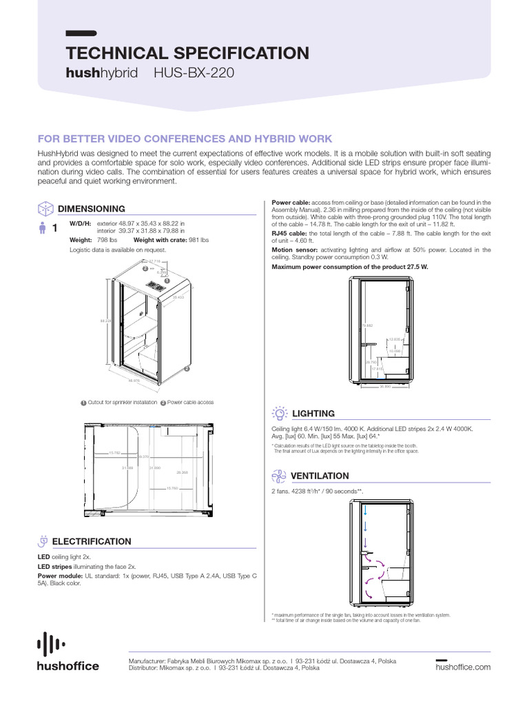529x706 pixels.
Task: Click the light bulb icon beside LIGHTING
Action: pyautogui.click(x=280, y=413)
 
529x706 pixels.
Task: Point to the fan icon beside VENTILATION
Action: pyautogui.click(x=279, y=476)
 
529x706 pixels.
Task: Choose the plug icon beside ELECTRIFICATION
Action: pyautogui.click(x=44, y=541)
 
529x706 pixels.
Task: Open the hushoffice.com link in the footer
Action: pyautogui.click(x=463, y=667)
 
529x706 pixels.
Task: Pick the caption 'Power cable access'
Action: pyautogui.click(x=190, y=402)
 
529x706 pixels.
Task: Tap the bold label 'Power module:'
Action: pyautogui.click(x=60, y=575)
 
